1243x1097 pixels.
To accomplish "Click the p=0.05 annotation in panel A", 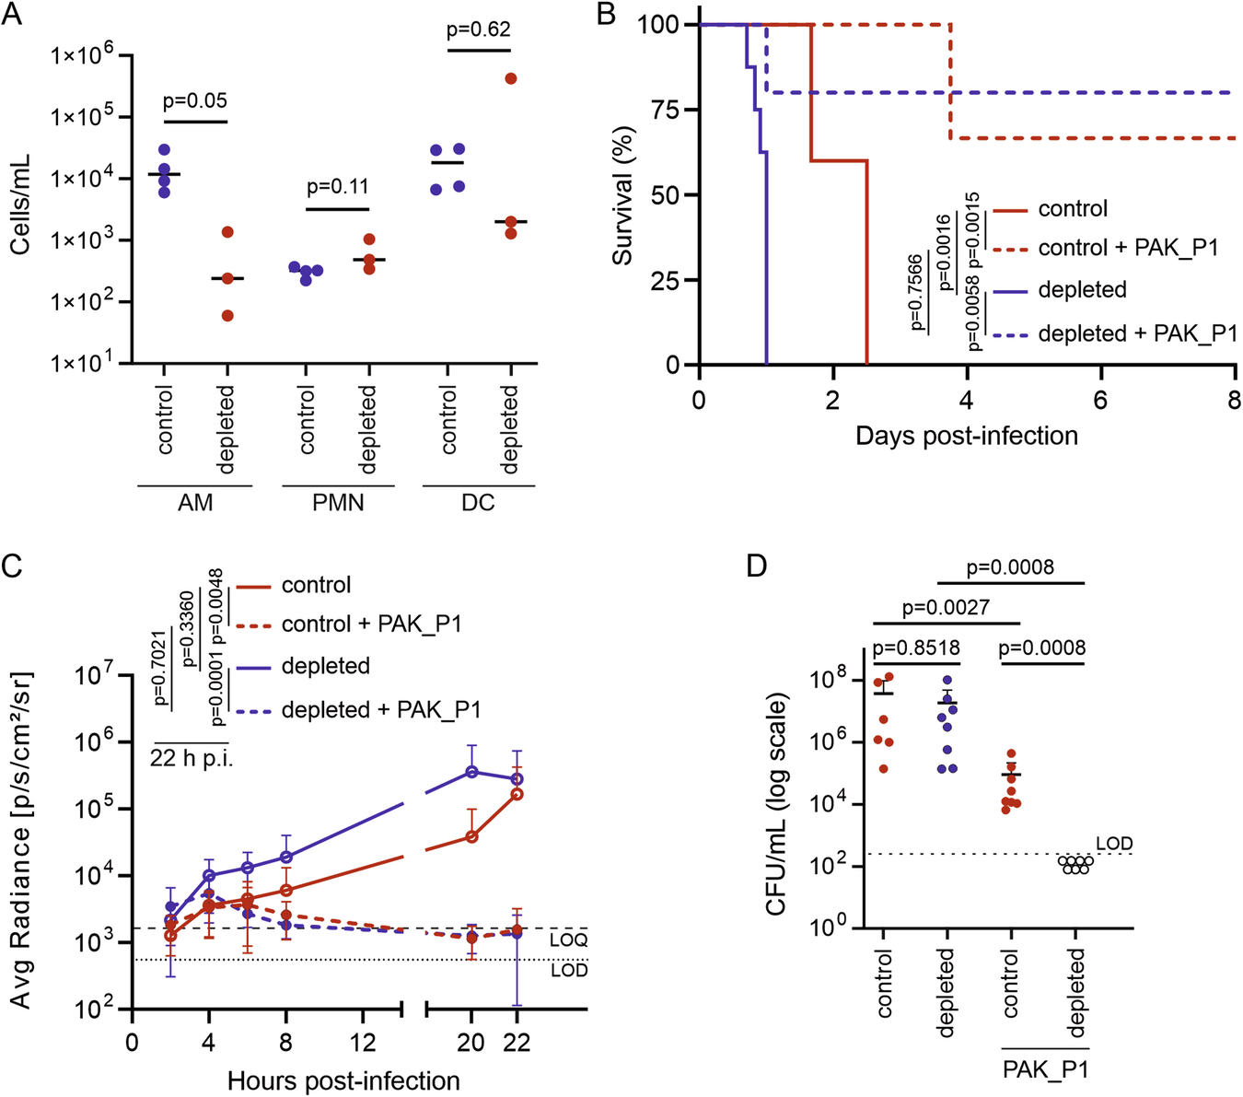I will (195, 101).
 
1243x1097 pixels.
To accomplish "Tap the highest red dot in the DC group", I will (511, 78).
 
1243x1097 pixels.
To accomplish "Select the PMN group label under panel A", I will (338, 503).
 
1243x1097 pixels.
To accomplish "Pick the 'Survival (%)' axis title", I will (623, 195).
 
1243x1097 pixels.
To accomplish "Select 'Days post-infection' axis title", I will (967, 436).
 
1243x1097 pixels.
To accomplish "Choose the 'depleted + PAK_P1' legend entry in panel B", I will (1137, 333).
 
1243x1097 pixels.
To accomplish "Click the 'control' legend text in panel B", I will (1073, 209).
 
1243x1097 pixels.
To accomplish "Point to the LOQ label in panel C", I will (568, 940).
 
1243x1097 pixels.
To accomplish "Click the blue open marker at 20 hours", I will (471, 772).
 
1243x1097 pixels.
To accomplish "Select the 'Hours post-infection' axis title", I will (343, 1080).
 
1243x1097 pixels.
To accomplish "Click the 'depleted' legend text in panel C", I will (325, 666).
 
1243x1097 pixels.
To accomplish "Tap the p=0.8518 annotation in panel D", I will (916, 648).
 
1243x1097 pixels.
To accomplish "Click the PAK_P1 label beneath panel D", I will (1044, 1070).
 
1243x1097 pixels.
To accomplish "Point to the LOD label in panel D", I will (1114, 844).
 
